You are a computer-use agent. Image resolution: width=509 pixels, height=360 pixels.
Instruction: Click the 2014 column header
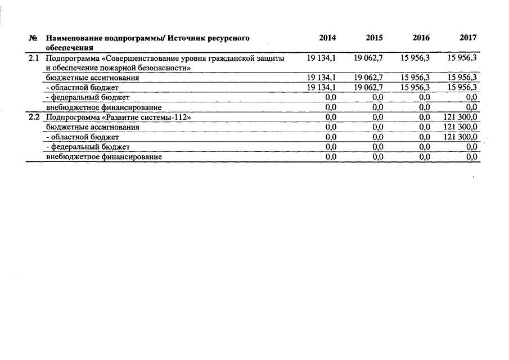point(327,38)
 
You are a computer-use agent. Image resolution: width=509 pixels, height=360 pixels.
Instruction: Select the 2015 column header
point(374,38)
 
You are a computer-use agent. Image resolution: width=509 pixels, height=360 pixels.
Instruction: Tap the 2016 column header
point(421,38)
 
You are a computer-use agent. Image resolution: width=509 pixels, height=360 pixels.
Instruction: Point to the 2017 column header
point(468,38)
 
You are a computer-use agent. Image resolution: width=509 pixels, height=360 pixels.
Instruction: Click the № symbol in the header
point(33,38)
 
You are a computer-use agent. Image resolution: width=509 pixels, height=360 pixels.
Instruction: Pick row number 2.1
point(34,58)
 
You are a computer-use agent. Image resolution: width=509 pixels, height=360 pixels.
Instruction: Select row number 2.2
point(34,117)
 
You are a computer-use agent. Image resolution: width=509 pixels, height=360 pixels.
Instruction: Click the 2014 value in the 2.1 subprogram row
point(322,58)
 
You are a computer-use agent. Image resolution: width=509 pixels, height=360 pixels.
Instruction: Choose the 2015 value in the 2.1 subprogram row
point(368,58)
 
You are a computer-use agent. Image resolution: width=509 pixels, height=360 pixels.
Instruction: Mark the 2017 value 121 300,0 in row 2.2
point(461,117)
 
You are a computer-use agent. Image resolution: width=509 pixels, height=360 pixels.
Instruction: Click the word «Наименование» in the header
point(70,38)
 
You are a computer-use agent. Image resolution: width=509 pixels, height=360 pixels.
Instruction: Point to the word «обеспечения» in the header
point(69,47)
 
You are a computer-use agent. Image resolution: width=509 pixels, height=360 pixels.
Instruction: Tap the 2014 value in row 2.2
point(331,117)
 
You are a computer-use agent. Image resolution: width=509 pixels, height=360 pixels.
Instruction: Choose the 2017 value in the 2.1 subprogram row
point(462,58)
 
